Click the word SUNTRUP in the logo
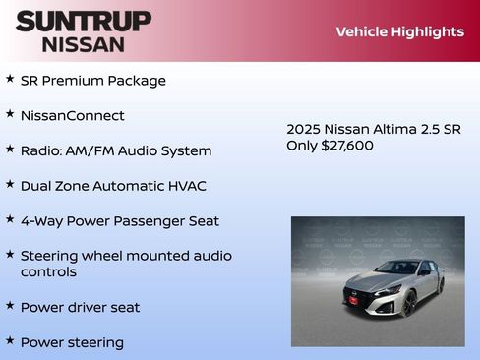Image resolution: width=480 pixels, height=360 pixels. (84, 21)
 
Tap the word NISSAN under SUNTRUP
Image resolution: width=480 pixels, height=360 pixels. (84, 43)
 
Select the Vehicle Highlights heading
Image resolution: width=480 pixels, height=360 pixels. (399, 31)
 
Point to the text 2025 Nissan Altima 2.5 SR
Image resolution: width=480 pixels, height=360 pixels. (373, 129)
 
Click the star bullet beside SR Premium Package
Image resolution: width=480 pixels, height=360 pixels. (10, 79)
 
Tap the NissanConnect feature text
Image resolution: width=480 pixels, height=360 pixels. (72, 115)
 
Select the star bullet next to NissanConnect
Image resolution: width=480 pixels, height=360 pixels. (10, 114)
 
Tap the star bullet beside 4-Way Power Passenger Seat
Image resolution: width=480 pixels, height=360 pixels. (10, 219)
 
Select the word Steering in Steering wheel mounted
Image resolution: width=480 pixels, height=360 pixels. (52, 256)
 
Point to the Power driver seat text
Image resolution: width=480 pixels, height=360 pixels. (80, 307)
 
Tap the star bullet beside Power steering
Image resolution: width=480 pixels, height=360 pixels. (10, 340)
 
